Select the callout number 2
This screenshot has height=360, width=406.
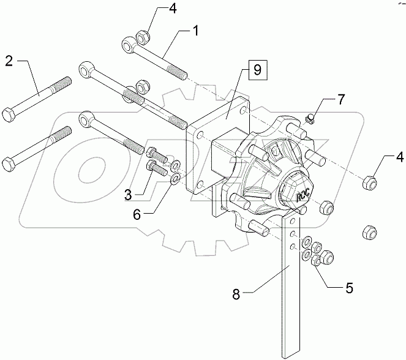10,61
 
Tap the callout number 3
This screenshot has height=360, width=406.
128,195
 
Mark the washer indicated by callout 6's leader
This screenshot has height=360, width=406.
173,178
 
